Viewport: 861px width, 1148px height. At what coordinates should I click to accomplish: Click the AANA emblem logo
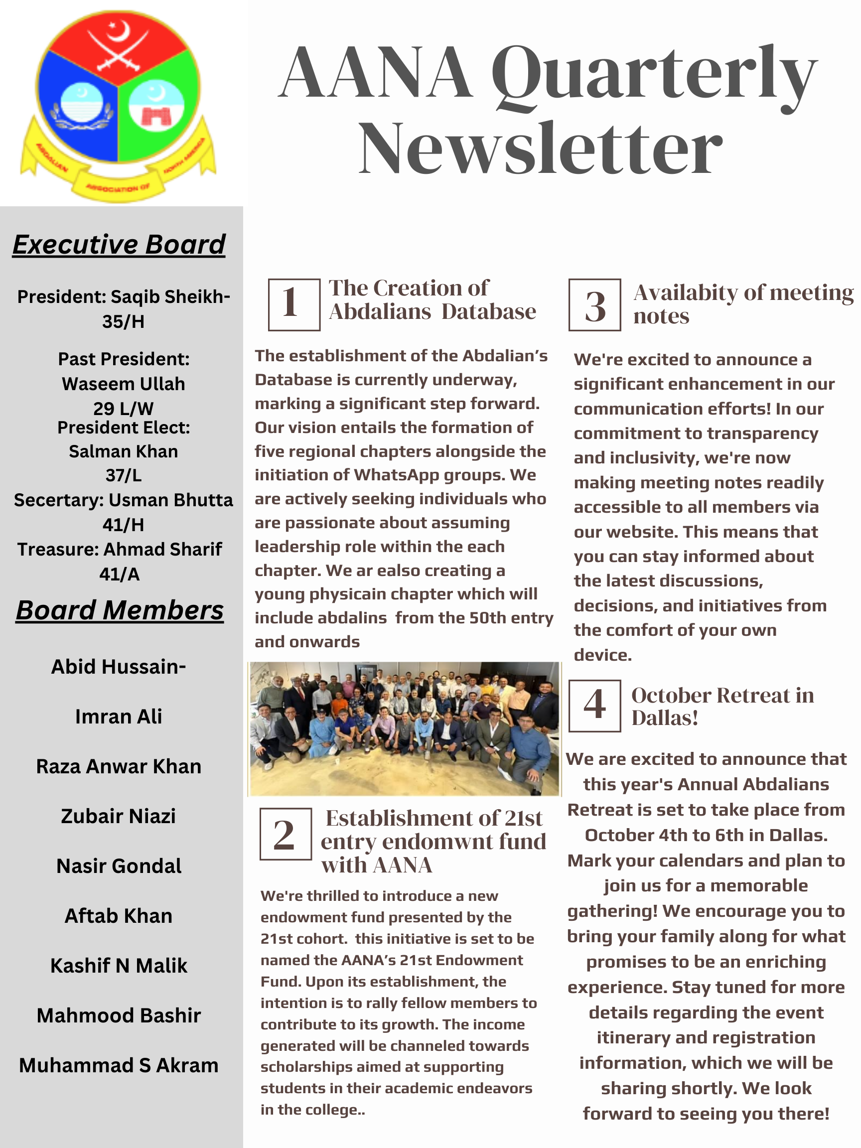tap(118, 107)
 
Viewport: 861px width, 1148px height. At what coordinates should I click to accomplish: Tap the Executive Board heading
tap(119, 245)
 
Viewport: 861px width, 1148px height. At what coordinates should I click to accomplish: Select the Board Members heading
tap(120, 610)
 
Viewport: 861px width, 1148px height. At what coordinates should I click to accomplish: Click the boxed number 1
tap(294, 304)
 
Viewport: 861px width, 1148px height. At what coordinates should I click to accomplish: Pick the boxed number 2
tap(286, 834)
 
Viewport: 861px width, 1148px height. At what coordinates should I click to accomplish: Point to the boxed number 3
tap(595, 304)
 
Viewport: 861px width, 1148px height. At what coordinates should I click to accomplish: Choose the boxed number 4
tap(595, 706)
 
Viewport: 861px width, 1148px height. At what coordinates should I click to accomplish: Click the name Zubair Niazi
tap(118, 816)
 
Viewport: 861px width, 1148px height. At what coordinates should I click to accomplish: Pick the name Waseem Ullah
tap(124, 384)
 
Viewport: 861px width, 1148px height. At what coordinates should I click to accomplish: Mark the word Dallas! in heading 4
tap(665, 718)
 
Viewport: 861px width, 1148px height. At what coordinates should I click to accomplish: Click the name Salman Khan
tap(124, 451)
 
